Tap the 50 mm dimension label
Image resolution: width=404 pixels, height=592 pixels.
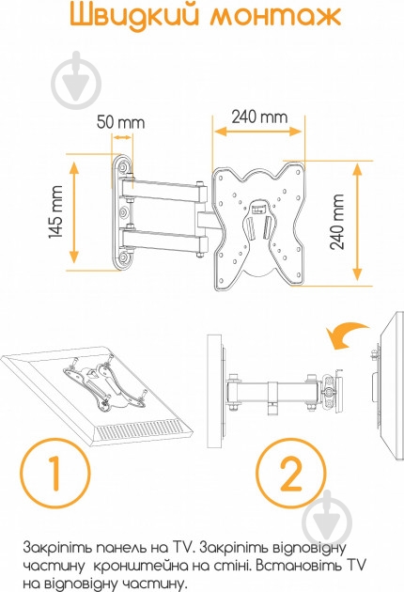(x=120, y=123)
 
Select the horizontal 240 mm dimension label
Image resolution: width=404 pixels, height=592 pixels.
(x=259, y=117)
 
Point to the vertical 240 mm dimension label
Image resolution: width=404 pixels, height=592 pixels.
(x=337, y=222)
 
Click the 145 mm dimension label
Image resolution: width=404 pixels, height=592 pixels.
(x=55, y=211)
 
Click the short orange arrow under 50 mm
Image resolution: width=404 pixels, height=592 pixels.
(x=122, y=137)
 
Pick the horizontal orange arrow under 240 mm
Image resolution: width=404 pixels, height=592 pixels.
(x=258, y=132)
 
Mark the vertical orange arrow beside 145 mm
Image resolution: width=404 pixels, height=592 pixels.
(x=74, y=211)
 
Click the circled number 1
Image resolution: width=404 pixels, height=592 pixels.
(x=55, y=473)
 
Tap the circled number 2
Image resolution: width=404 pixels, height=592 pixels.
(x=290, y=474)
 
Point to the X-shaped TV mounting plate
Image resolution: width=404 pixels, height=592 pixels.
(x=258, y=226)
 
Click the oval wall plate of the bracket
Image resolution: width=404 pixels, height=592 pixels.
(x=122, y=212)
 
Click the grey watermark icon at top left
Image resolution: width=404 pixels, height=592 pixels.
(x=76, y=81)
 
